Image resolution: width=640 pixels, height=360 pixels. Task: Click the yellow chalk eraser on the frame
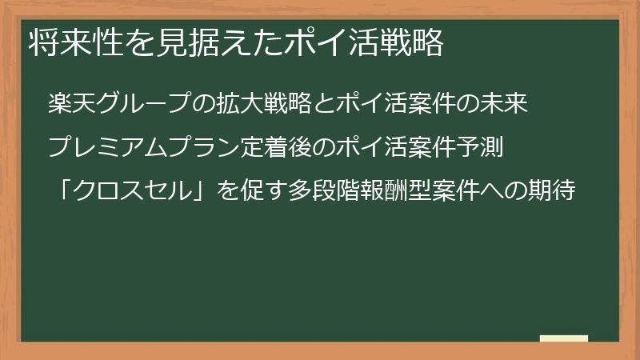click(x=564, y=338)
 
